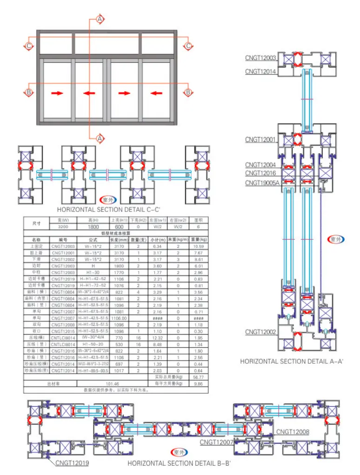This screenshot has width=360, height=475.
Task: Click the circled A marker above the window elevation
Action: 100,19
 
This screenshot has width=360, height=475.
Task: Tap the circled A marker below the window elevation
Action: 100,138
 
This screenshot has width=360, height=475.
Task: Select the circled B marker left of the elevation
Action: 29,92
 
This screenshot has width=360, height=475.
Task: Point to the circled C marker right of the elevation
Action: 188,46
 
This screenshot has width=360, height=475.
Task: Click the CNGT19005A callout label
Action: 262,183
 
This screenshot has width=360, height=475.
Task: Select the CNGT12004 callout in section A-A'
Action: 260,165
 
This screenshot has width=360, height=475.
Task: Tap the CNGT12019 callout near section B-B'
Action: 72,463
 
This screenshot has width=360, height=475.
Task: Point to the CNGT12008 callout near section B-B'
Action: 293,432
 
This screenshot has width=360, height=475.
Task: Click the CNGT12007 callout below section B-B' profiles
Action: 217,442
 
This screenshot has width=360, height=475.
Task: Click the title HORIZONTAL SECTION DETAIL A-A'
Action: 292,361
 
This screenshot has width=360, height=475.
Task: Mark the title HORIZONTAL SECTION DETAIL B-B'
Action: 179,463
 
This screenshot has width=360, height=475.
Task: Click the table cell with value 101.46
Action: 113,384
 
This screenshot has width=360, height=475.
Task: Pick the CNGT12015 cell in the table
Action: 63,331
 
